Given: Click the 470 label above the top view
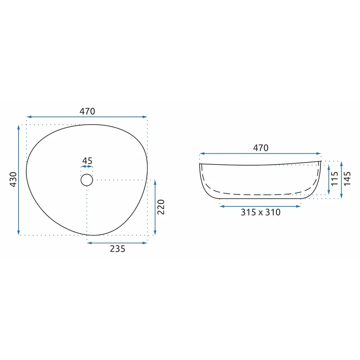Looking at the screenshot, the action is click(87, 111).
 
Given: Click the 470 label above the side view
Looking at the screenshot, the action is click(261, 148).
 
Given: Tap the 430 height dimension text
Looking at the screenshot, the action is click(13, 179).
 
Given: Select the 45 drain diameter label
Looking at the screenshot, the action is click(87, 161).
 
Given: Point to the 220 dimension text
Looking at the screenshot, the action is click(161, 207).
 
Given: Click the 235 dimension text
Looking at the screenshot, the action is click(118, 249).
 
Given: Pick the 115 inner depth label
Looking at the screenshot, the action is click(335, 179).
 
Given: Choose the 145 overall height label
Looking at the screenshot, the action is click(347, 179).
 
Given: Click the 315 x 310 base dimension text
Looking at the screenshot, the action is click(261, 212).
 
